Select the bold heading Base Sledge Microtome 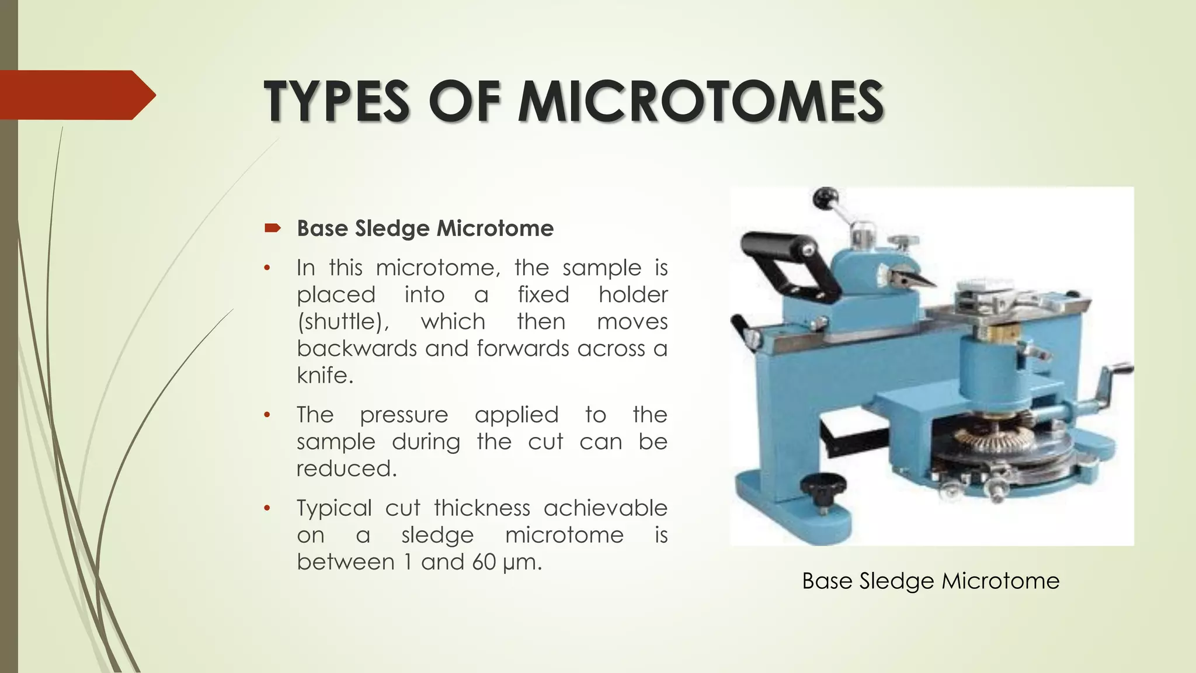[425, 228]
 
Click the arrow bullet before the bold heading [272, 228]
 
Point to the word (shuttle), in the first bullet [343, 322]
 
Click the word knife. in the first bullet [325, 375]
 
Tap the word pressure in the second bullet [404, 415]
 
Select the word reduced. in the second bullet [346, 469]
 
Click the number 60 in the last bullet [484, 562]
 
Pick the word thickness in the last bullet [482, 508]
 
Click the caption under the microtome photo [930, 581]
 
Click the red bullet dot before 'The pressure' [267, 415]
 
